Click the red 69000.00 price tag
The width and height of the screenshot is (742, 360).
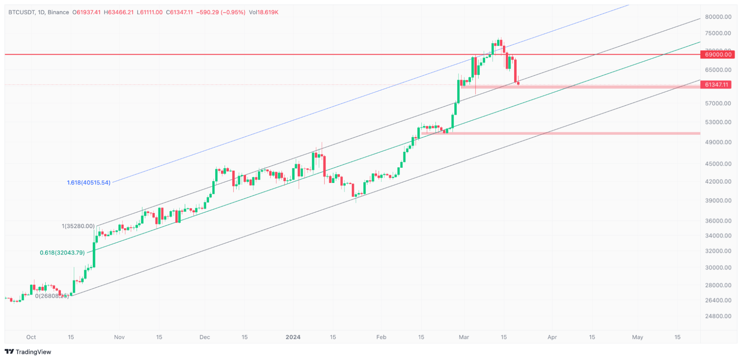718,55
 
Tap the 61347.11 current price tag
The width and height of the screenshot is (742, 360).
716,85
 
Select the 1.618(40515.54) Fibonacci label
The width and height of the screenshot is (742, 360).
89,183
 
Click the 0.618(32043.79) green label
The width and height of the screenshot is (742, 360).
62,253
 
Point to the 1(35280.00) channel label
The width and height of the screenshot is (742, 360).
78,226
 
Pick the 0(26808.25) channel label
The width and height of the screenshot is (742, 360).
52,296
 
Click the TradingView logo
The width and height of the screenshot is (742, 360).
28,352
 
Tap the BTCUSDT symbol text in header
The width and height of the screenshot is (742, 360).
22,12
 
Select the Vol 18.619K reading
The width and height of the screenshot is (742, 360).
264,12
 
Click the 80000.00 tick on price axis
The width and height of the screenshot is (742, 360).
718,17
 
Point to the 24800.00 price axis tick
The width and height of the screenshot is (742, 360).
718,316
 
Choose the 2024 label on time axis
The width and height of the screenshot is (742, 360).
293,337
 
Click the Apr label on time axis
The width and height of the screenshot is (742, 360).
552,337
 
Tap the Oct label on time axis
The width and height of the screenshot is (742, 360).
31,337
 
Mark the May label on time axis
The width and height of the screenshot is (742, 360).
637,337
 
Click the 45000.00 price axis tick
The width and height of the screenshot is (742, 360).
718,164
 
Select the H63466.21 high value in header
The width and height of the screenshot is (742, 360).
118,12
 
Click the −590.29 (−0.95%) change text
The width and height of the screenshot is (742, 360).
220,12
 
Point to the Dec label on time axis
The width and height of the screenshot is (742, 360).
205,337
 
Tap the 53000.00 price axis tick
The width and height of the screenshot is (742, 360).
718,122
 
